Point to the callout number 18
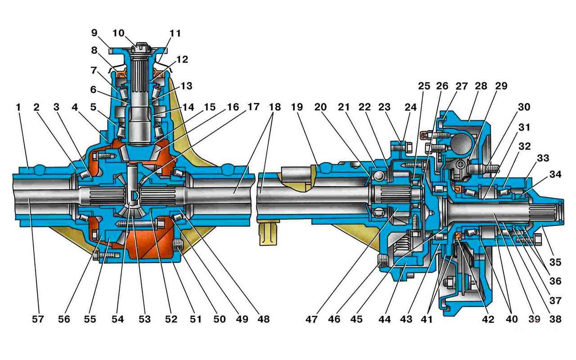274,108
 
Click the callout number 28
481,86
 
